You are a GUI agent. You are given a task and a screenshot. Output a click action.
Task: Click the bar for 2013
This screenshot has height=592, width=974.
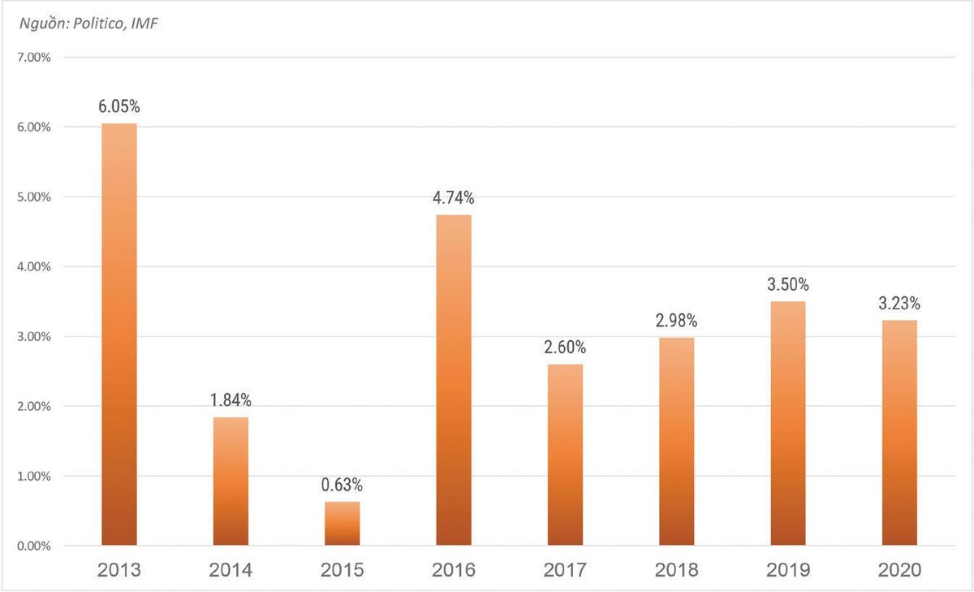[x=119, y=334]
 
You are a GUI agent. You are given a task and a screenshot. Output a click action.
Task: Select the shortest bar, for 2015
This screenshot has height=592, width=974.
[x=342, y=523]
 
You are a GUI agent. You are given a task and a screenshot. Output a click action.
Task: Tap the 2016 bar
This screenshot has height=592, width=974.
[x=453, y=379]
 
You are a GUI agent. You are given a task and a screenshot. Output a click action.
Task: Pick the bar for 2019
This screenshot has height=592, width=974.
[x=788, y=422]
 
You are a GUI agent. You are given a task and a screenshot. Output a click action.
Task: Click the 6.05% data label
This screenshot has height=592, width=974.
[x=119, y=106]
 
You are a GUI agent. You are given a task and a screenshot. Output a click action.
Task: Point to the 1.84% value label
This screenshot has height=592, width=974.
[x=231, y=400]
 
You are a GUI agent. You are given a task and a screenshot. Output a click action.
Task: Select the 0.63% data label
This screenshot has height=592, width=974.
[x=342, y=485]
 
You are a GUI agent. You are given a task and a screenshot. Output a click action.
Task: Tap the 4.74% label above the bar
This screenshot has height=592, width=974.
[x=453, y=197]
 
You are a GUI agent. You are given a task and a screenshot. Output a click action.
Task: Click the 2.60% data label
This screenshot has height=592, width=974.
[x=565, y=348]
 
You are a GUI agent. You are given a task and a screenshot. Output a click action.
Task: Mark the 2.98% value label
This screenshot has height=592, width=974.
[x=676, y=321]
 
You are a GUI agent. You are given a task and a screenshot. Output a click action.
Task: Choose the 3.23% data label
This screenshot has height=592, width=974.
[x=899, y=305]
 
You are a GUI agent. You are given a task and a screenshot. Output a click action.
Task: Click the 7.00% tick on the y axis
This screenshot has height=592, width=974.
[x=33, y=58]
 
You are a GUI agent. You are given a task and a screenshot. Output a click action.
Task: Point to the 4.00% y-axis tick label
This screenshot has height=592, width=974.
[x=33, y=267]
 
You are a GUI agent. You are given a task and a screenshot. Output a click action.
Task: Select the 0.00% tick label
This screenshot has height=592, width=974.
[x=33, y=546]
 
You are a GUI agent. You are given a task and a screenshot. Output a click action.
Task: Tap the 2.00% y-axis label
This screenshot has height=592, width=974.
[x=33, y=406]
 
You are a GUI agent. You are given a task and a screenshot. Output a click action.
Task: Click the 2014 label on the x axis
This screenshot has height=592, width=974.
[x=231, y=571]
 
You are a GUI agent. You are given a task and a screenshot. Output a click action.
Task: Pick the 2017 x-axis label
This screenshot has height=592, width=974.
[x=565, y=571]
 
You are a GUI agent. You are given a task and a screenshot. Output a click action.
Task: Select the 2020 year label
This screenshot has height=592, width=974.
[x=899, y=571]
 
